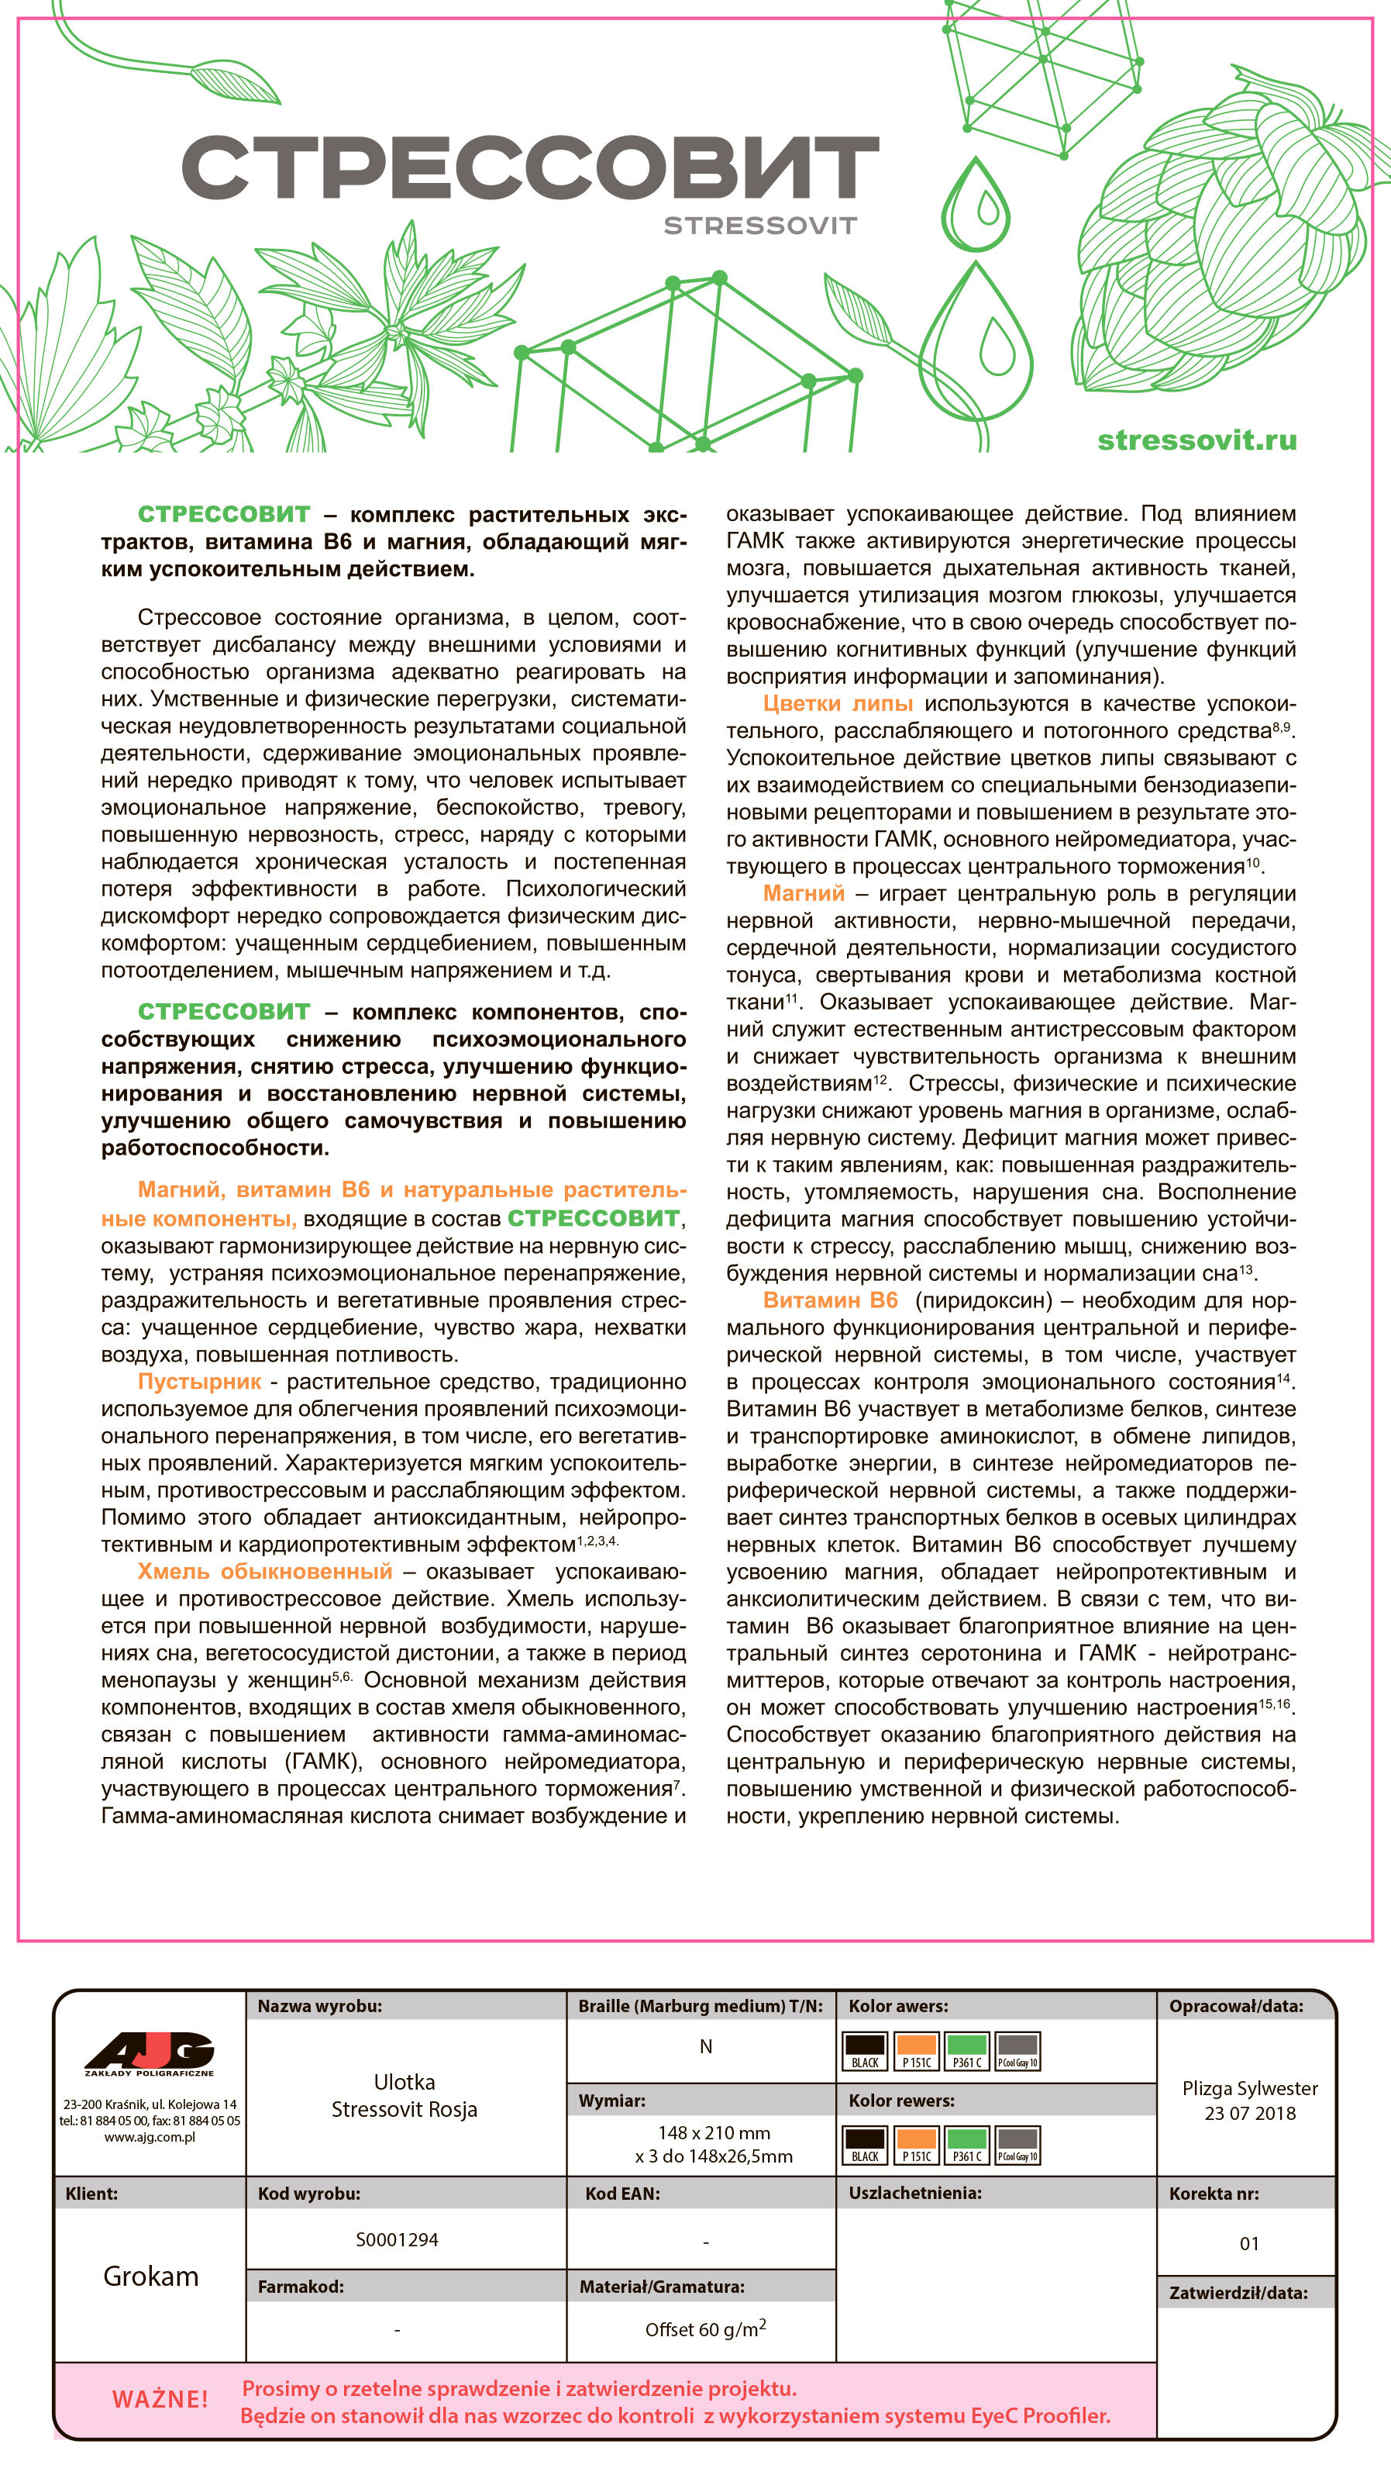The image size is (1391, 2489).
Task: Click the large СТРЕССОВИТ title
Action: (x=529, y=167)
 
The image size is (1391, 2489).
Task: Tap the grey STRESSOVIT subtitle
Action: (x=759, y=226)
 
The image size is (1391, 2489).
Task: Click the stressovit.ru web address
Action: (x=1196, y=440)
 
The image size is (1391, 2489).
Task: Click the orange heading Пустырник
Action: (x=199, y=1382)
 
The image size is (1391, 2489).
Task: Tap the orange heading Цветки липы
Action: (x=838, y=703)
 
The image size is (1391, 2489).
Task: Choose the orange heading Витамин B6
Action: (x=830, y=1300)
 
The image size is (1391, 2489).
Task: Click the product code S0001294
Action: (x=397, y=2240)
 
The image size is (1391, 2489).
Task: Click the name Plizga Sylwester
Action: (x=1250, y=2088)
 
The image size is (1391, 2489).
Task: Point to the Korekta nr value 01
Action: (x=1249, y=2243)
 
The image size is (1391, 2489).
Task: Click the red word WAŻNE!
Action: (x=160, y=2399)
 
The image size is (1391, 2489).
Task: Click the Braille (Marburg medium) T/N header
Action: (x=701, y=2006)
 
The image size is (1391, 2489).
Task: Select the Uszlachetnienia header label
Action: (x=914, y=2194)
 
